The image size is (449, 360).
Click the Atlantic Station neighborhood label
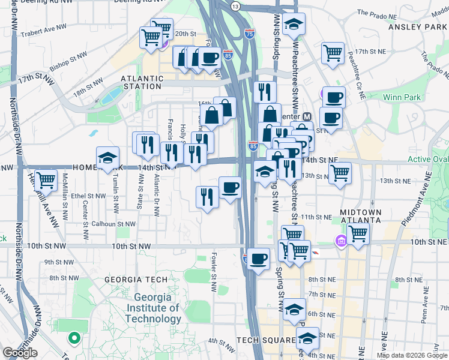tap(142, 83)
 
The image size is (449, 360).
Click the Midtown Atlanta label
tap(361, 217)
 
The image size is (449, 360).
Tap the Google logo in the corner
tap(20, 353)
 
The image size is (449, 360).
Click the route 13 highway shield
tap(235, 7)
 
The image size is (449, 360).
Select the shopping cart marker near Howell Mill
tap(46, 180)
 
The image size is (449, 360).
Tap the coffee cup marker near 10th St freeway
tap(258, 260)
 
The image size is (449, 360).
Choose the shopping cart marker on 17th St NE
tap(332, 53)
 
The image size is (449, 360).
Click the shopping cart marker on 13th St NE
tap(340, 173)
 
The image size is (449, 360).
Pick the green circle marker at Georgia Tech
tap(74, 338)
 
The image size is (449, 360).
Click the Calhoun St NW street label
tap(113, 224)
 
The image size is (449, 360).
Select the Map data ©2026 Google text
tap(412, 355)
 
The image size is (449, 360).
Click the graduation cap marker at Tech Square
tap(307, 339)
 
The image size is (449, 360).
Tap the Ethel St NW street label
tap(88, 196)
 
